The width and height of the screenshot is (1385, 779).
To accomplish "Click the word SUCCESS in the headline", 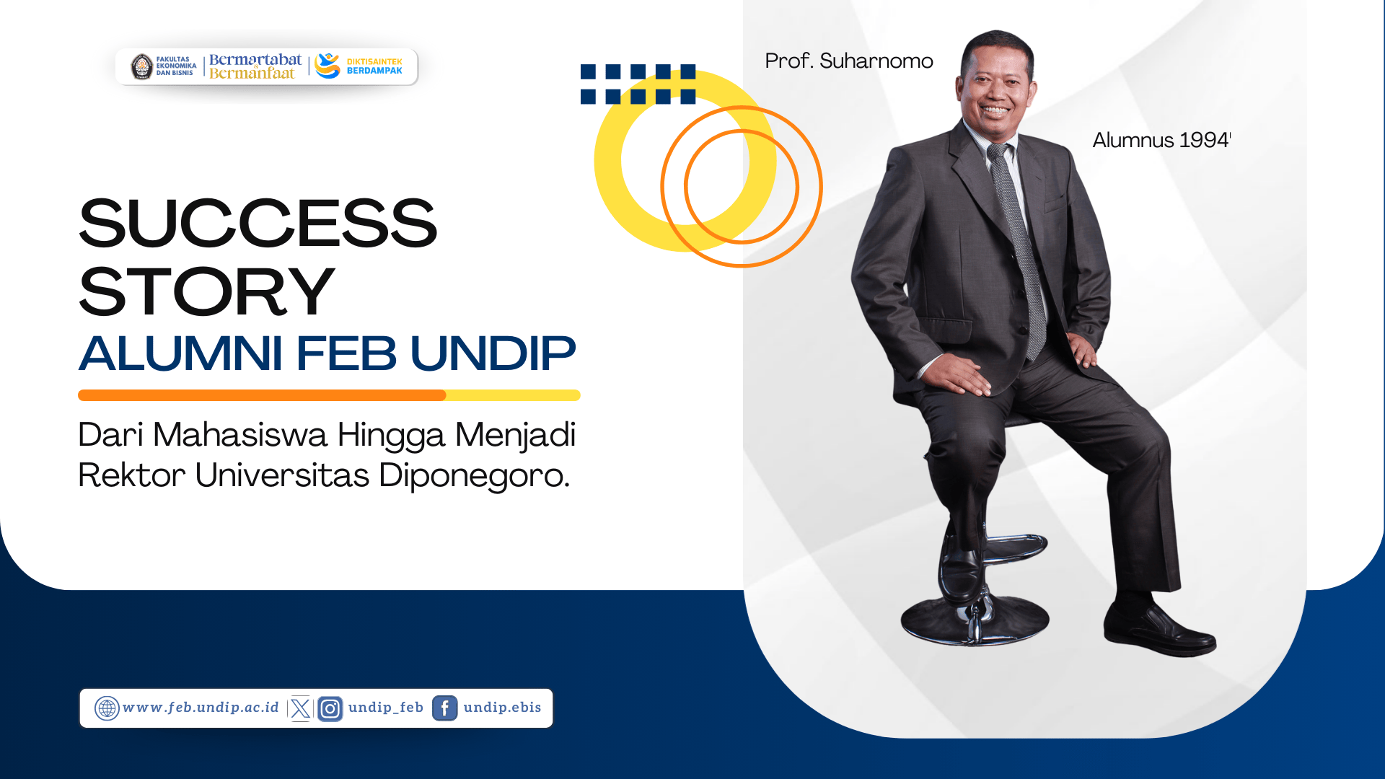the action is (x=258, y=223).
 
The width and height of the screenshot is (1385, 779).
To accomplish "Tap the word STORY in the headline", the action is (x=206, y=291).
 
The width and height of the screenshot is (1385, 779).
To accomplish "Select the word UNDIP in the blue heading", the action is (x=493, y=353).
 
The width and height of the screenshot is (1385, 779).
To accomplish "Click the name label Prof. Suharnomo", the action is (x=849, y=61).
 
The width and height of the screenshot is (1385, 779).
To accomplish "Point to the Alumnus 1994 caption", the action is (x=1161, y=140).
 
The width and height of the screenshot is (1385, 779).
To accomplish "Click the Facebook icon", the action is (x=444, y=708).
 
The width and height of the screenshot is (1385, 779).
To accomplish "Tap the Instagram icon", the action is (x=330, y=709).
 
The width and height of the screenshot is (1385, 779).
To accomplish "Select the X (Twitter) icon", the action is (x=301, y=708).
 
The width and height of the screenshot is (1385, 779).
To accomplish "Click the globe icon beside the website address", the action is (x=107, y=708).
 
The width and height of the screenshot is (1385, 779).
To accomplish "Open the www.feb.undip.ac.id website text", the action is (x=201, y=708).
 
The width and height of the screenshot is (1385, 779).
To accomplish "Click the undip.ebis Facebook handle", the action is (x=502, y=708).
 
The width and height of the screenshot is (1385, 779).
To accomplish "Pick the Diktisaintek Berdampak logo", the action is (x=359, y=66).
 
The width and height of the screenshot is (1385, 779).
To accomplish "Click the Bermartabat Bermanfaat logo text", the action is (x=255, y=66).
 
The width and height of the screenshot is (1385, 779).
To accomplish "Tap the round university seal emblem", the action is (x=142, y=66).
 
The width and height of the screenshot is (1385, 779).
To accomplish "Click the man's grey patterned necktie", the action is (x=1019, y=245).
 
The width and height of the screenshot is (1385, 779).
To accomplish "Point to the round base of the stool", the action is (x=975, y=620).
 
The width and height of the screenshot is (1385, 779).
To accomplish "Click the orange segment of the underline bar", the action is (x=262, y=395).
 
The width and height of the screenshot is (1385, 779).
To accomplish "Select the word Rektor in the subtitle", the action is (x=132, y=475).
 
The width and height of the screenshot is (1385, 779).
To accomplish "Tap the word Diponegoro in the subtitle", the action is (x=474, y=476).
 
